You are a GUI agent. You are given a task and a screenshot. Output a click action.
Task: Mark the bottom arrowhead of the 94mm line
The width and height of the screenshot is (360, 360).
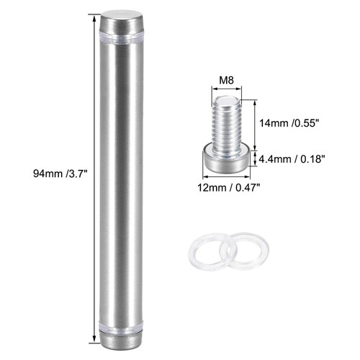96,340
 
